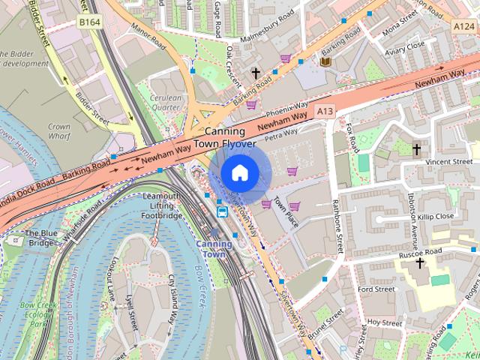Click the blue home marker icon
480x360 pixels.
point(238,172)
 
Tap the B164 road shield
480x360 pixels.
point(89,23)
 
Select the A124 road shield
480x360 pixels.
point(464,25)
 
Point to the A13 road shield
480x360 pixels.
point(324,111)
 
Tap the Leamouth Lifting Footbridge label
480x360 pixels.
point(160,205)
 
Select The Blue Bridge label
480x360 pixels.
point(42,237)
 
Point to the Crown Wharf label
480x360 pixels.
point(58,132)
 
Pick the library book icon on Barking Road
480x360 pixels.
point(325,61)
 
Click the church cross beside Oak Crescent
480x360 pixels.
point(256,73)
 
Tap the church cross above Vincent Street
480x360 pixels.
point(416,149)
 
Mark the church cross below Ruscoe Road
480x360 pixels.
point(419,263)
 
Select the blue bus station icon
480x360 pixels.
point(223,211)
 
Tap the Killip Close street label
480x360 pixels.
point(436,216)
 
